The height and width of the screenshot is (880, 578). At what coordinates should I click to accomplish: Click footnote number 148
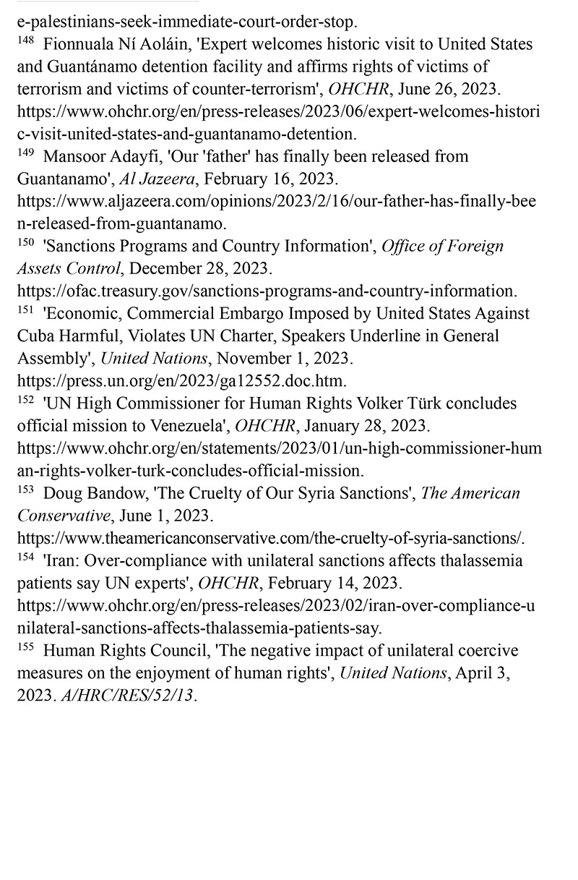25,41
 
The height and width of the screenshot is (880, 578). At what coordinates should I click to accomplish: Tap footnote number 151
25,311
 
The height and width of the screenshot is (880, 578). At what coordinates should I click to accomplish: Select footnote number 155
25,647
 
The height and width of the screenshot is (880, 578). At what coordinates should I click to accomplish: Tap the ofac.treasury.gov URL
266,291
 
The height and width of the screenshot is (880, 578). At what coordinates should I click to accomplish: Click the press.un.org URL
181,381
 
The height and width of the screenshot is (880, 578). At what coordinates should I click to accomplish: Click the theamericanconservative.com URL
270,539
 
